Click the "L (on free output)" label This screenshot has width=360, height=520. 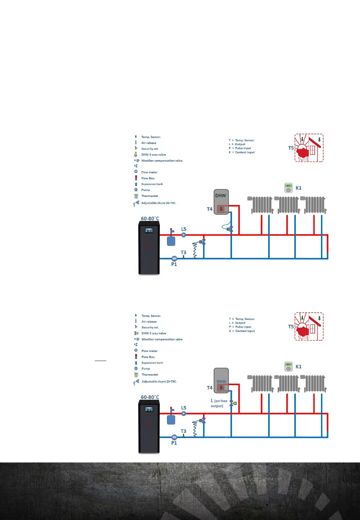pos(219,403)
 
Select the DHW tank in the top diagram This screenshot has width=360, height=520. pos(221,202)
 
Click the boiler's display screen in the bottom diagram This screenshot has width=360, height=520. pos(149,409)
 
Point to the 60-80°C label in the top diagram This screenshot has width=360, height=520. pos(150,219)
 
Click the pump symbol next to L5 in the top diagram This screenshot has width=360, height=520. pos(184,235)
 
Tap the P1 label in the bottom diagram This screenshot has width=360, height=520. pos(174,443)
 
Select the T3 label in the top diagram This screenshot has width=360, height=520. pos(183,253)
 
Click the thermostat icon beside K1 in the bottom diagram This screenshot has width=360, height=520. pos(288,367)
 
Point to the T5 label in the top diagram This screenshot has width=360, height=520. pos(291,148)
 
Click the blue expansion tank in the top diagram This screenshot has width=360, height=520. pos(171,241)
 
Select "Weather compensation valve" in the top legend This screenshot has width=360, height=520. pos(162,161)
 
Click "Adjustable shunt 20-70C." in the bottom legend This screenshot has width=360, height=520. pos(159,381)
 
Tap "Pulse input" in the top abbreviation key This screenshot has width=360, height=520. pos(243,148)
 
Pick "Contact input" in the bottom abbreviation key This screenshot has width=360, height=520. pos(245,331)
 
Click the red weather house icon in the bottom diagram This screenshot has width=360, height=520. pos(309,327)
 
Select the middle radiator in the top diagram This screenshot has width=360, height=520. pos(288,205)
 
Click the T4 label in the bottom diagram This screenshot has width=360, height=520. pos(210,388)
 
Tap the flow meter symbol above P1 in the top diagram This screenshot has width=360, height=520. pos(174,258)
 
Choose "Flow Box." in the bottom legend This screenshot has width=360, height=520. pos(148,357)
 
